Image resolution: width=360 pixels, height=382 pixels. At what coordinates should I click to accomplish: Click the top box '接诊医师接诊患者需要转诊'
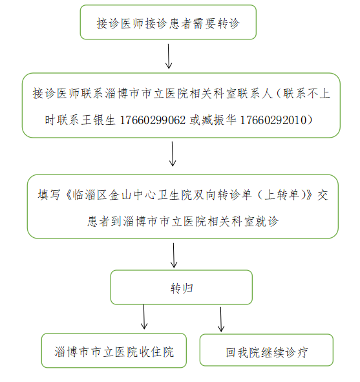[168, 22]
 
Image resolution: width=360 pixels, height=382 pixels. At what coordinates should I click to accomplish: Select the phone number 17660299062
[153, 120]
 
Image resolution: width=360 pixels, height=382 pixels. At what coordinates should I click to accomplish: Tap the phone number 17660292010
[273, 120]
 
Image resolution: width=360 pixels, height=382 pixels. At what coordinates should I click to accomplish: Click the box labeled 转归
[182, 287]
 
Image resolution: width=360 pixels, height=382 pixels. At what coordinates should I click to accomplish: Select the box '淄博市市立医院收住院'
[114, 350]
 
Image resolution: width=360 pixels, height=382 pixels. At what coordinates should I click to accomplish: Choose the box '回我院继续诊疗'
[266, 350]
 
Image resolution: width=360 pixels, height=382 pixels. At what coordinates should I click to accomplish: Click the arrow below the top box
[169, 56]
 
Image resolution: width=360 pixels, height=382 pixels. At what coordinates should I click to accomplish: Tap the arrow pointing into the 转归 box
[174, 255]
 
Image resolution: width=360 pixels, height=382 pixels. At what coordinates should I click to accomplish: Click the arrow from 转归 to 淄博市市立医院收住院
[144, 317]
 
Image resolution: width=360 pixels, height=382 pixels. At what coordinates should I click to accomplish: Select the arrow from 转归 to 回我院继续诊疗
[221, 319]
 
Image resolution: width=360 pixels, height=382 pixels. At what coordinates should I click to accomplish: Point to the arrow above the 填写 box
[173, 154]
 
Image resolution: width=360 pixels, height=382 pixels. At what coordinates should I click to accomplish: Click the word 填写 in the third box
[49, 195]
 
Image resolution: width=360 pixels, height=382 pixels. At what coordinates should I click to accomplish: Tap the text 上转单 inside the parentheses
[282, 195]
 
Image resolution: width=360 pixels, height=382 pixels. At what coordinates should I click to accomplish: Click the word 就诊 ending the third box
[267, 222]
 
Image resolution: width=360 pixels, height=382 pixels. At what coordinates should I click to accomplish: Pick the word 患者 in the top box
[180, 24]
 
